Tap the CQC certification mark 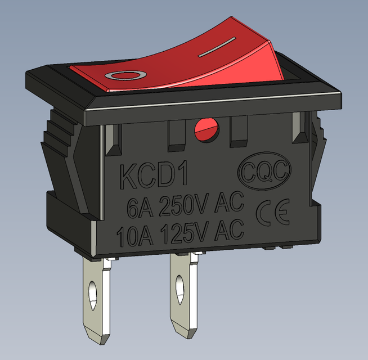pyautogui.click(x=264, y=170)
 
